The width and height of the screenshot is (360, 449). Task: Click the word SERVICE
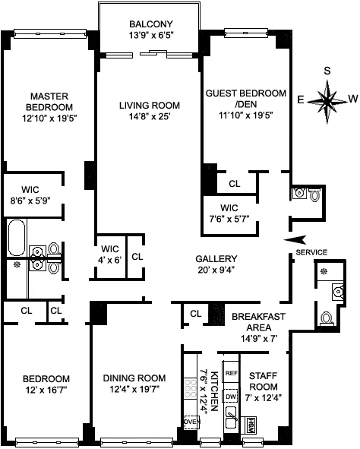click(311, 252)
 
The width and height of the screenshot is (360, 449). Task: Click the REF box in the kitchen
click(232, 374)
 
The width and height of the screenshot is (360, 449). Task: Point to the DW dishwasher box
click(232, 397)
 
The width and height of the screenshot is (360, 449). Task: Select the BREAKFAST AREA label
click(257, 322)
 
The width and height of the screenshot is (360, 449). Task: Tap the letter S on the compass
click(328, 71)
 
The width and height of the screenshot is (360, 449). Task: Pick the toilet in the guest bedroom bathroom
click(314, 194)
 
